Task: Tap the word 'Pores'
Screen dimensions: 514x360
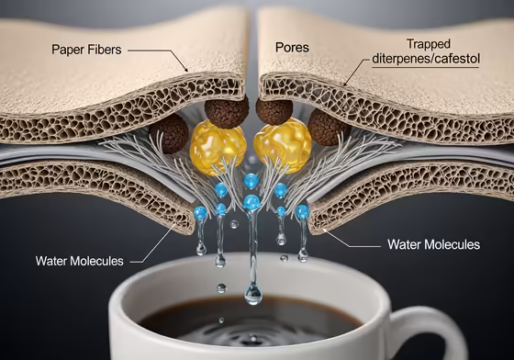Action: pos(292,47)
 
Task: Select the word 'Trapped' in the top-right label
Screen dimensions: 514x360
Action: pos(428,43)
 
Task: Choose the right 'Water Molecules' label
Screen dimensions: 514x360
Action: pos(434,244)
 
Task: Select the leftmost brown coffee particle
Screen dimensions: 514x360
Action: pos(170,134)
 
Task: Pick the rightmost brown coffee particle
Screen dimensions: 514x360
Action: pos(328,128)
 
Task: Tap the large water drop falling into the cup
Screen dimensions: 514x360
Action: pos(252,293)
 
